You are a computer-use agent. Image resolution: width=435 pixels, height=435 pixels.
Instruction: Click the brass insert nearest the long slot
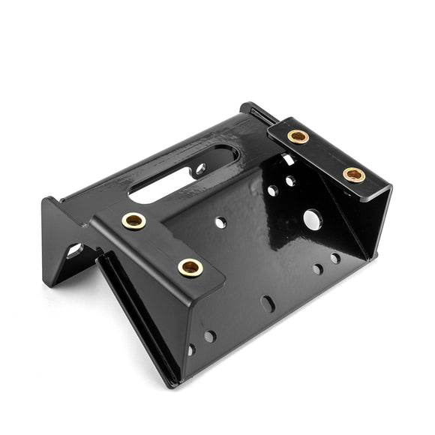click(x=134, y=220)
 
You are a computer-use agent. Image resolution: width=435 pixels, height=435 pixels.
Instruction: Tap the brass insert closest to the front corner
click(x=190, y=266)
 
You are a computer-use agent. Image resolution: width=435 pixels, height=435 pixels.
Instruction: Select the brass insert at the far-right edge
click(x=354, y=175)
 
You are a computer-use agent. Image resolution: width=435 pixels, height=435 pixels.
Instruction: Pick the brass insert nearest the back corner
click(x=298, y=136)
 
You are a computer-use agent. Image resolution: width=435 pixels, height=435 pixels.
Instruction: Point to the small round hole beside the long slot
click(x=200, y=169)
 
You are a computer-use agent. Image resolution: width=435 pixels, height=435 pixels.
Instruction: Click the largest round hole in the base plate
click(x=312, y=219)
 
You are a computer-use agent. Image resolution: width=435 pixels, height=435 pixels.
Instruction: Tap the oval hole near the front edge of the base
click(x=268, y=303)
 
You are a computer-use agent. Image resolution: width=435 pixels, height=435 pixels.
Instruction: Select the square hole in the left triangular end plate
click(x=74, y=250)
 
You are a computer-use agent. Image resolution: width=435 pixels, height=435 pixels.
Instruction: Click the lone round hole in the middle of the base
click(x=220, y=222)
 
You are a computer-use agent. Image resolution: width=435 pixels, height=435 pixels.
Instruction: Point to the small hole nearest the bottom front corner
click(x=192, y=349)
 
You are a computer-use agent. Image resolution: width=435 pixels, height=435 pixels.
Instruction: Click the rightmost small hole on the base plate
click(x=334, y=258)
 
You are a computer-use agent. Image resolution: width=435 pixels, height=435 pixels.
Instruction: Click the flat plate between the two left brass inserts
click(x=161, y=244)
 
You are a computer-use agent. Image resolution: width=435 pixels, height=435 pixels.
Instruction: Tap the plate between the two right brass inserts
click(x=326, y=156)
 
